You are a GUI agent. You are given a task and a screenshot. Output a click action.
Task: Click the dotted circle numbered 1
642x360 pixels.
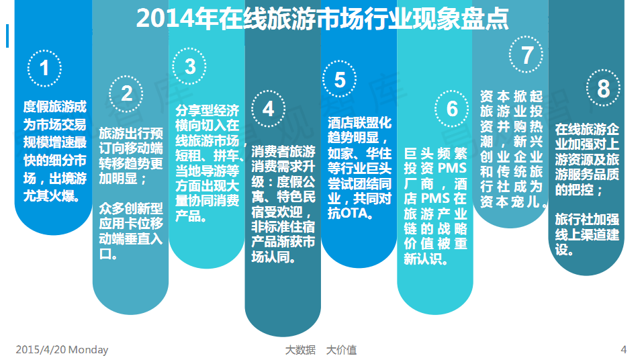click(44, 51)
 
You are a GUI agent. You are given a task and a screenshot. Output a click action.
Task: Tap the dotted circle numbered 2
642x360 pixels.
click(126, 77)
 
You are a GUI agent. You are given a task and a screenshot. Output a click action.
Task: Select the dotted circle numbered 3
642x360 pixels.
click(189, 49)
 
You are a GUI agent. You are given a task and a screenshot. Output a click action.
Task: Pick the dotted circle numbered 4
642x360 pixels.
click(268, 91)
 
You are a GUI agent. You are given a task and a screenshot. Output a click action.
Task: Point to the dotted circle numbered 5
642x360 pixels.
click(339, 61)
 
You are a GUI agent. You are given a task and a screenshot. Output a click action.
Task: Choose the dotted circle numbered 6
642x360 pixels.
click(451, 91)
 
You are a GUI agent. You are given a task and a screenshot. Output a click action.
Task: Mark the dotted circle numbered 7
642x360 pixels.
click(526, 37)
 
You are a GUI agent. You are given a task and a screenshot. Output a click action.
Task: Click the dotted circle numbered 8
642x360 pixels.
click(603, 71)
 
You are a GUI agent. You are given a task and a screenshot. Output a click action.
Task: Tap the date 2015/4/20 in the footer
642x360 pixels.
click(41, 350)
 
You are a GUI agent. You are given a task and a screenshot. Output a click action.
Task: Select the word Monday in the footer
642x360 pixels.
click(89, 350)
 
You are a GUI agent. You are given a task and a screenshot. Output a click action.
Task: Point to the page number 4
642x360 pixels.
click(624, 350)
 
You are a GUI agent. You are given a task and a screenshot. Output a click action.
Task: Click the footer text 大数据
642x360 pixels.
click(301, 350)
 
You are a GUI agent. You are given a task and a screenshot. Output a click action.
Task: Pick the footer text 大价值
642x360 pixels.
click(341, 350)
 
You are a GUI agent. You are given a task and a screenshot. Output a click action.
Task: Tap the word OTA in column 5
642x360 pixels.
click(354, 214)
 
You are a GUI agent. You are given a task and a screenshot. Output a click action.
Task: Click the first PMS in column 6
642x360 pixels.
click(452, 169)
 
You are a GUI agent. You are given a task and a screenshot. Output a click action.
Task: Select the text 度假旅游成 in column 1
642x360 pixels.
click(55, 107)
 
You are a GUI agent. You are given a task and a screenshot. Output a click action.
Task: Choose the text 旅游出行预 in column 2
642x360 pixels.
click(131, 134)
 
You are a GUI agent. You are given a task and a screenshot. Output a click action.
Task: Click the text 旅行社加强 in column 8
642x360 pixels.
click(587, 220)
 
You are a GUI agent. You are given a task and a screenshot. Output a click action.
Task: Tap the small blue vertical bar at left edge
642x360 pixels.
click(7, 36)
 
